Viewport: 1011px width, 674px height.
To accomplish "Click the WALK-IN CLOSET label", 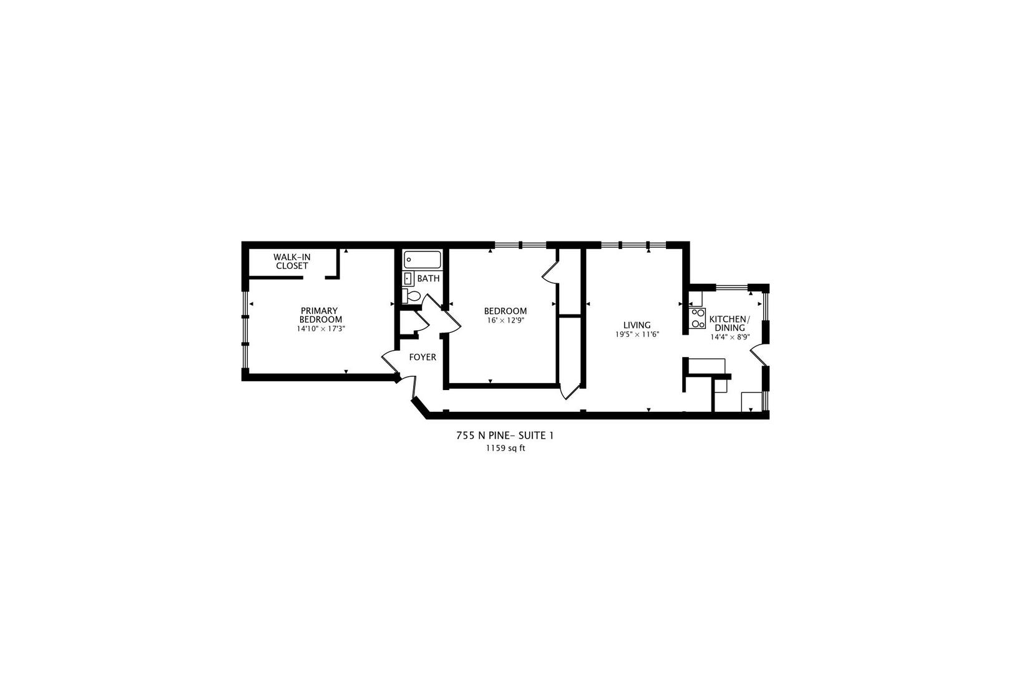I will [291, 261].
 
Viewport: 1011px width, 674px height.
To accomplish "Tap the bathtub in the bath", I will [422, 259].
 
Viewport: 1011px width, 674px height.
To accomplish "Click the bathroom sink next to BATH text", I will [408, 278].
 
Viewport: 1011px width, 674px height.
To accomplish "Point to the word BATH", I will [429, 278].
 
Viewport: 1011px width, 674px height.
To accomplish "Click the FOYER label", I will [422, 358].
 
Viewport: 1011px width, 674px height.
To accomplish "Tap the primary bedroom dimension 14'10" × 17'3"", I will [321, 328].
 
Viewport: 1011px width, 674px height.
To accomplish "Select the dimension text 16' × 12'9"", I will [506, 321].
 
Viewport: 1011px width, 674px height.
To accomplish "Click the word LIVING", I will [637, 325].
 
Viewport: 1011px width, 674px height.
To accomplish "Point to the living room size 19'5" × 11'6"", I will [637, 335].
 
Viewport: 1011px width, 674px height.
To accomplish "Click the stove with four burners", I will [697, 319].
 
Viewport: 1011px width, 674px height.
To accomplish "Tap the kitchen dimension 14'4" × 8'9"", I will [730, 337].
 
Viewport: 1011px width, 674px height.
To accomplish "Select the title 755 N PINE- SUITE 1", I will [505, 436].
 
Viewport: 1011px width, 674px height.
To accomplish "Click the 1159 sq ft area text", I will [505, 448].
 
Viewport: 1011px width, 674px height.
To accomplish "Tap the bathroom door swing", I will [431, 303].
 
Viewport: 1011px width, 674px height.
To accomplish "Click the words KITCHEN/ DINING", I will [730, 323].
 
